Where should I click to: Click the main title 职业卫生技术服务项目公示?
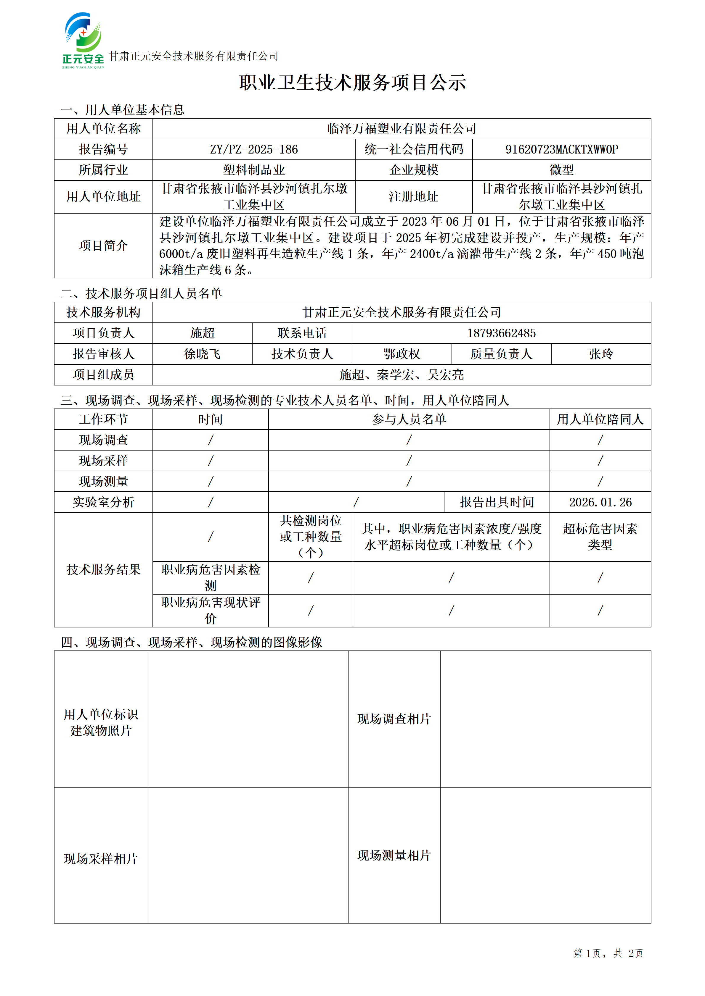pyautogui.click(x=352, y=83)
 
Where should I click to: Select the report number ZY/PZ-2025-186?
pyautogui.click(x=254, y=150)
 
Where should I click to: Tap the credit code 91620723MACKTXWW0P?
pyautogui.click(x=561, y=150)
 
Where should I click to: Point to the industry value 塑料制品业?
pyautogui.click(x=254, y=170)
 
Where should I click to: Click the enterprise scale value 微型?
pyautogui.click(x=561, y=170)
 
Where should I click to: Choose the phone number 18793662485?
pyautogui.click(x=501, y=333)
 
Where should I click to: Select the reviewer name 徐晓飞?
pyautogui.click(x=202, y=354)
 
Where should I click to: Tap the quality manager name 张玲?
pyautogui.click(x=601, y=354)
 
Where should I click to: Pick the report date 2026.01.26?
pyautogui.click(x=600, y=502)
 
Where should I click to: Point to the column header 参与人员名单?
pyautogui.click(x=409, y=419)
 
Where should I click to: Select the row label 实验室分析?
pyautogui.click(x=103, y=502)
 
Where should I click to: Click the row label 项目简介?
pyautogui.click(x=103, y=246)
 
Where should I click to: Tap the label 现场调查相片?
pyautogui.click(x=394, y=719)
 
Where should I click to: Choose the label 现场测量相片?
pyautogui.click(x=394, y=855)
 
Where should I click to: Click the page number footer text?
pyautogui.click(x=608, y=953)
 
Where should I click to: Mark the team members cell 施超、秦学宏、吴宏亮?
pyautogui.click(x=402, y=375)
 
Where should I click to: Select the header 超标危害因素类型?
pyautogui.click(x=600, y=537)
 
